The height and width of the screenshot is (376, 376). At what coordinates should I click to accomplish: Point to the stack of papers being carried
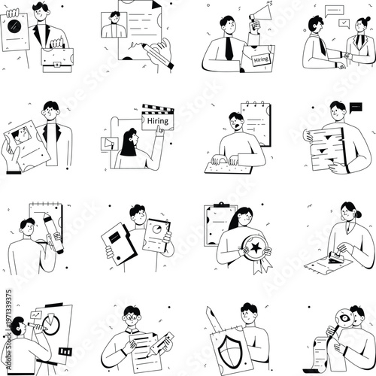pos(325,150)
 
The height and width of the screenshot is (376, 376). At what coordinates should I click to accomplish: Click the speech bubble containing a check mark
pos(344,23)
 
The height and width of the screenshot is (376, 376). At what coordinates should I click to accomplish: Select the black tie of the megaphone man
pos(228,50)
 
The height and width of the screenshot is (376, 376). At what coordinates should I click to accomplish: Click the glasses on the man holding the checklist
pos(132,317)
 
